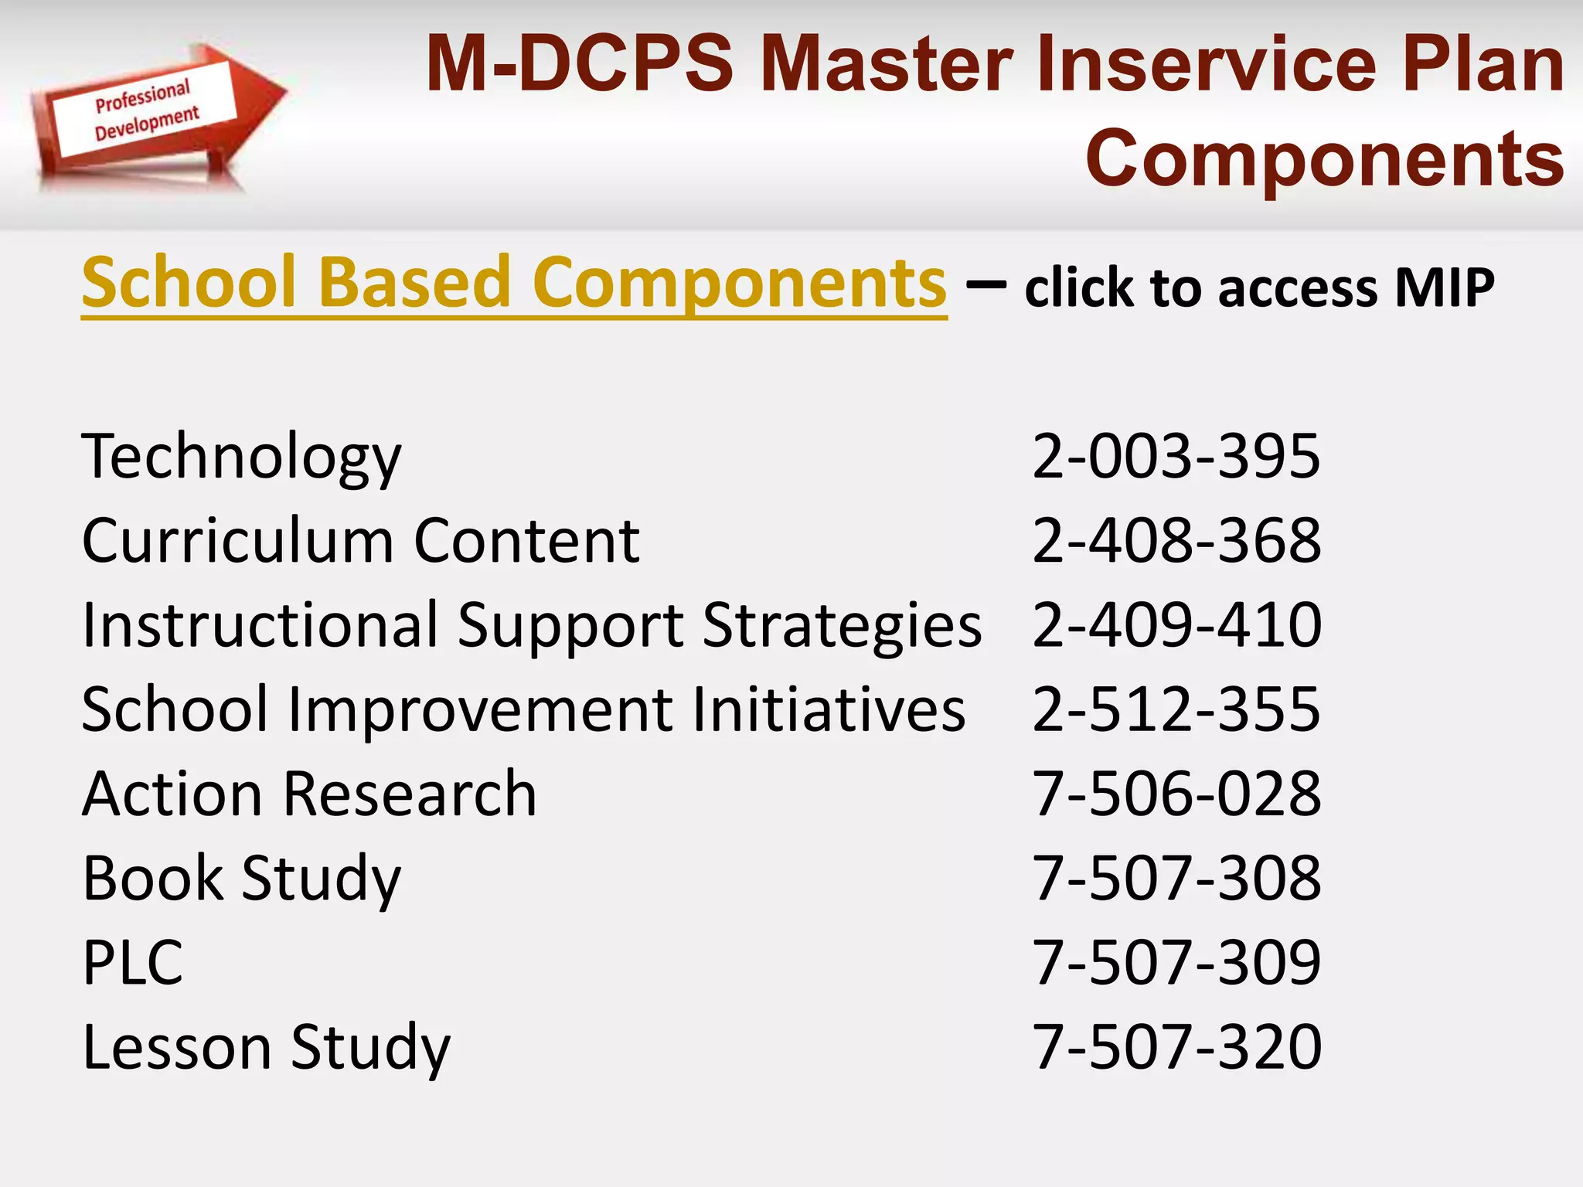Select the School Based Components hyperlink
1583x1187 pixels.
pyautogui.click(x=514, y=283)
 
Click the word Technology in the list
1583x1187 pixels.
pyautogui.click(x=242, y=457)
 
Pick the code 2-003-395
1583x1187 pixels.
pyautogui.click(x=1176, y=456)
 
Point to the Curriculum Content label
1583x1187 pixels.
pyautogui.click(x=361, y=540)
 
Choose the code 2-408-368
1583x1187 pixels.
pyautogui.click(x=1176, y=540)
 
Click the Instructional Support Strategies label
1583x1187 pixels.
pyautogui.click(x=532, y=625)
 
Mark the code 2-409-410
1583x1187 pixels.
pyautogui.click(x=1176, y=624)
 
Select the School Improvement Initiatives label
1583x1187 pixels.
pyautogui.click(x=523, y=709)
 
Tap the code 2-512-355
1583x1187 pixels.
pyautogui.click(x=1176, y=709)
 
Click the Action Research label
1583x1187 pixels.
pyautogui.click(x=309, y=794)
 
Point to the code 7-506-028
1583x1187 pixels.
pyautogui.click(x=1176, y=794)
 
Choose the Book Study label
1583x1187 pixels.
pyautogui.click(x=242, y=879)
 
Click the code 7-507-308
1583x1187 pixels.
pyautogui.click(x=1176, y=878)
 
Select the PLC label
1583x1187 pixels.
pyautogui.click(x=133, y=963)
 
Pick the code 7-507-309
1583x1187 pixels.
pyautogui.click(x=1176, y=962)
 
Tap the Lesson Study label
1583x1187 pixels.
pyautogui.click(x=266, y=1048)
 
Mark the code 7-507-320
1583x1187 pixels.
pyautogui.click(x=1176, y=1046)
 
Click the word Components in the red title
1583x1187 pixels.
pyautogui.click(x=1325, y=158)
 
